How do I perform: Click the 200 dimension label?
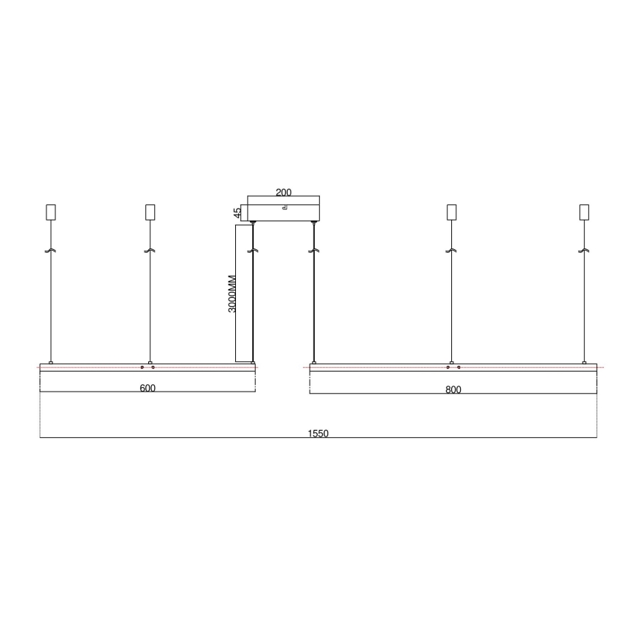tap(283, 192)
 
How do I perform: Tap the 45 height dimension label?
tap(237, 212)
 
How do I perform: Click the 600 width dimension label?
tap(147, 388)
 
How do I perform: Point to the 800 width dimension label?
tap(453, 389)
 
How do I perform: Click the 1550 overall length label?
tap(318, 434)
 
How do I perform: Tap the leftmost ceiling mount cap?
tap(51, 212)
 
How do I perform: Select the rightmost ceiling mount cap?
tap(585, 212)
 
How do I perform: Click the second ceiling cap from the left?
tap(150, 212)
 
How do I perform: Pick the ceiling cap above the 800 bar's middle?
tap(452, 212)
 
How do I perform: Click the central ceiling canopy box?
tap(284, 209)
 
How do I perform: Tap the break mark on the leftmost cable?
tap(51, 251)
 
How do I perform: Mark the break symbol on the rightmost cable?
tap(585, 251)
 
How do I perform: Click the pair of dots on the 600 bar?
tap(147, 367)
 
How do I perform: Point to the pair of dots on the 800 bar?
tap(453, 367)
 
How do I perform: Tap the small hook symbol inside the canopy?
tap(284, 209)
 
